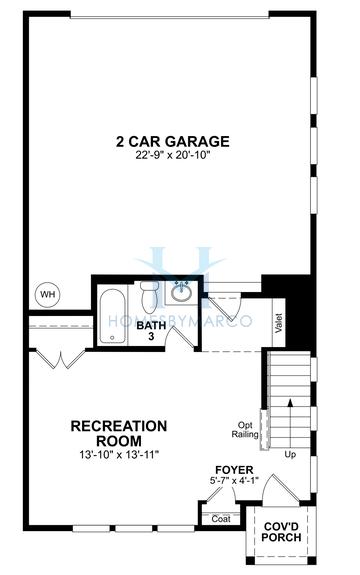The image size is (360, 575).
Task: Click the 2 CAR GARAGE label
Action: (x=172, y=141)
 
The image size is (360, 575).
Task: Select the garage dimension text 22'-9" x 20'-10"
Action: (x=172, y=156)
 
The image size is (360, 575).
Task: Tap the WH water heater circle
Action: (x=46, y=294)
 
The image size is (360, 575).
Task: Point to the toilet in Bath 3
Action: (x=149, y=296)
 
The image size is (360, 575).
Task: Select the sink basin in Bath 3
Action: (x=181, y=293)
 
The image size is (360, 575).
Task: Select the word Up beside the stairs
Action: (x=291, y=454)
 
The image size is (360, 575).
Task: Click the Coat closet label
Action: (x=221, y=518)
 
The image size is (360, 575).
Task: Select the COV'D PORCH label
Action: (x=279, y=531)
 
